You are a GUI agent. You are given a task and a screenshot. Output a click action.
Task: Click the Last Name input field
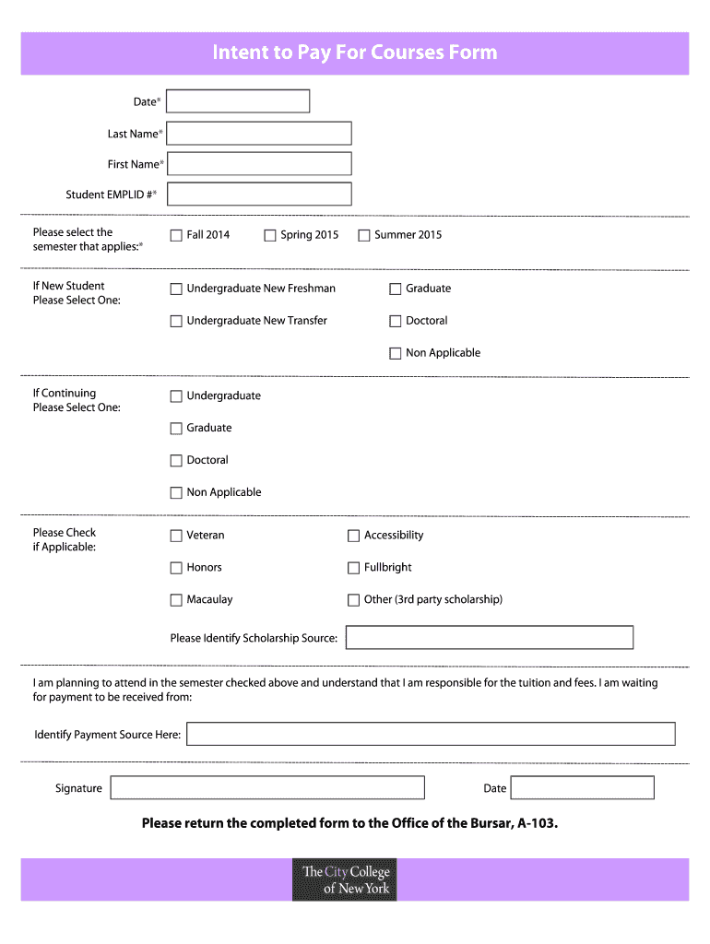click(x=259, y=134)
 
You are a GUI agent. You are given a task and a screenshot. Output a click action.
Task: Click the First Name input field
click(x=259, y=164)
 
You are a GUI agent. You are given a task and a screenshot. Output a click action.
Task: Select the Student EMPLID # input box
click(x=259, y=195)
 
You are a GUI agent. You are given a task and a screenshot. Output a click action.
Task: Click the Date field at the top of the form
click(x=238, y=101)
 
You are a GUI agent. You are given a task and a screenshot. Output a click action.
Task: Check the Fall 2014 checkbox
click(x=176, y=235)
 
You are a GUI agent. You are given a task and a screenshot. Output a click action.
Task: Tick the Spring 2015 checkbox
click(x=270, y=235)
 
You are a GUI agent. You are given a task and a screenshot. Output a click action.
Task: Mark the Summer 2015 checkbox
click(x=364, y=235)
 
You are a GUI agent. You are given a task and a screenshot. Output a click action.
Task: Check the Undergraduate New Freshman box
click(x=176, y=289)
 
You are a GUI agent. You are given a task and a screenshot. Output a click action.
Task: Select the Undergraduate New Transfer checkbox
click(x=176, y=322)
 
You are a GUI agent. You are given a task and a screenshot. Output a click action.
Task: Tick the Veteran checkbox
click(x=176, y=536)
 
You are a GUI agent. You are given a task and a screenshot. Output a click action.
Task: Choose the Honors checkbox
click(x=176, y=568)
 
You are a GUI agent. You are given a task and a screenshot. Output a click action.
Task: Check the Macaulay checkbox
click(x=176, y=600)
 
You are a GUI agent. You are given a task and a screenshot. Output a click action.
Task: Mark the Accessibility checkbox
click(x=353, y=536)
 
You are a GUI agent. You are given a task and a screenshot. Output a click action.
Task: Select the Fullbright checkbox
click(x=353, y=568)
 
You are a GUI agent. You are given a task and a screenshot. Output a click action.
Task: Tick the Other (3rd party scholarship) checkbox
click(x=353, y=600)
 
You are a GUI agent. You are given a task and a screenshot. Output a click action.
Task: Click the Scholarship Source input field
click(x=490, y=638)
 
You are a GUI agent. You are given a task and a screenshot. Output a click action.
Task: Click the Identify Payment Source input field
click(x=431, y=734)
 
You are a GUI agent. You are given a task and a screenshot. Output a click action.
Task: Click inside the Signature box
click(x=267, y=787)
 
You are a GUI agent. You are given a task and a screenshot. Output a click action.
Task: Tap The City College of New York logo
click(x=345, y=880)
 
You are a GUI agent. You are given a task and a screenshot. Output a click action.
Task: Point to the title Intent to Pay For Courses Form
click(x=355, y=53)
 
